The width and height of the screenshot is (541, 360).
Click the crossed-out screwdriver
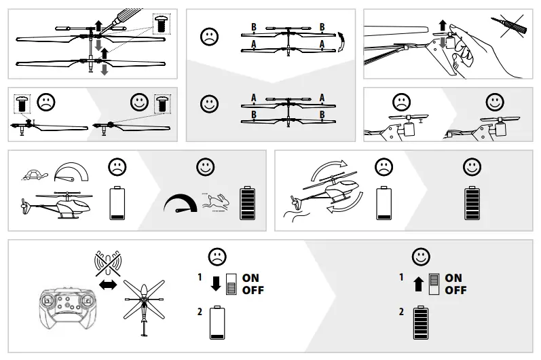512,28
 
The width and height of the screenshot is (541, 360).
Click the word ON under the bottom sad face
250,278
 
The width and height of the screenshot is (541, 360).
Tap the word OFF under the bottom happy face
455,290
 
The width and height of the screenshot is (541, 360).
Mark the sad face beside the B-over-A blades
209,37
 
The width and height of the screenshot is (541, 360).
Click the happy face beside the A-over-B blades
209,104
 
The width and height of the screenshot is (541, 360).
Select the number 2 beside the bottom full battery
402,312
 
